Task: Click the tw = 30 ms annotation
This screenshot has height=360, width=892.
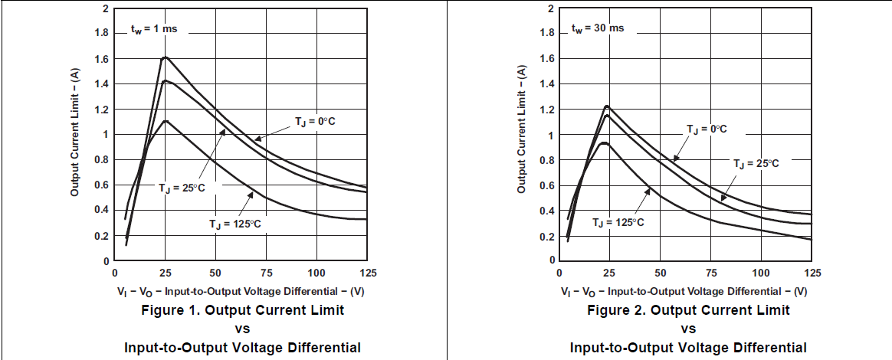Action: (597, 28)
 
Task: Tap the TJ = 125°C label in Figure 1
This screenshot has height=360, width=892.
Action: (236, 224)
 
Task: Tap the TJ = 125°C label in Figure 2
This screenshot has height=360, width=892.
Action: (618, 221)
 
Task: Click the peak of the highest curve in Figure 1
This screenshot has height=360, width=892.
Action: (164, 57)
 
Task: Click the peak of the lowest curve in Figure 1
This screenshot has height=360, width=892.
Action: (165, 120)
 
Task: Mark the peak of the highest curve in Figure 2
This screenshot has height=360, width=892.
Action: (606, 106)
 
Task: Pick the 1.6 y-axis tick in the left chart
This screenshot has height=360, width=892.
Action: (102, 59)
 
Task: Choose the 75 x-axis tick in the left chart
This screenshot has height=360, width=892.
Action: (265, 273)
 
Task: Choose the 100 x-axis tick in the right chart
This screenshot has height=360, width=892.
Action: (761, 273)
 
